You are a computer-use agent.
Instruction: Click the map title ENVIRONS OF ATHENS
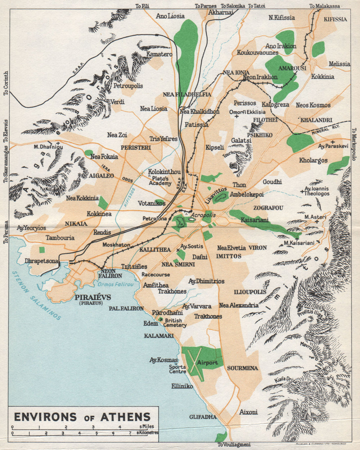point(82,417)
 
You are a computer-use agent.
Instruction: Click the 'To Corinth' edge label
point(5,83)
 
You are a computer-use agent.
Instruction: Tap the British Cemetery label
point(174,323)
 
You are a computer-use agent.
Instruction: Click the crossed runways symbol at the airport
point(193,363)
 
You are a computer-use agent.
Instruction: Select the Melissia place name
point(339,64)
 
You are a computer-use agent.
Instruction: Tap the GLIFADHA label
point(203,417)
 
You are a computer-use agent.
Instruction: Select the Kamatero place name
point(159,54)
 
